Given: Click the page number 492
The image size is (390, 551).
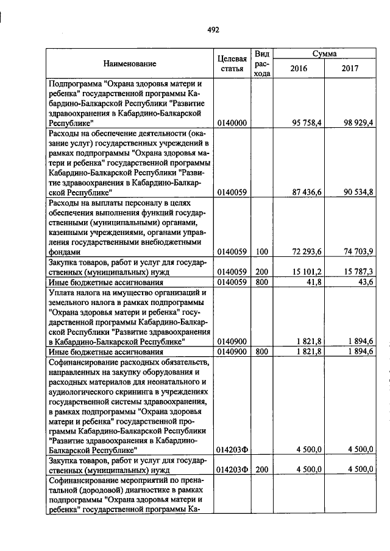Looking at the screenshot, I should pos(213,29).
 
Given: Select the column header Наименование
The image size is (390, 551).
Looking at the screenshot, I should pos(129,63).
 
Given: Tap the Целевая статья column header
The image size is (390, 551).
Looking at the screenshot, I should pos(232,63).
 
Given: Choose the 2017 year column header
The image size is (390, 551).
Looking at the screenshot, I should pos(350,69).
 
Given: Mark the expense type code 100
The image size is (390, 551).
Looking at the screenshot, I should pos(262,251).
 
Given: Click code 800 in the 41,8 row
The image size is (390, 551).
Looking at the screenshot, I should pos(262,283).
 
